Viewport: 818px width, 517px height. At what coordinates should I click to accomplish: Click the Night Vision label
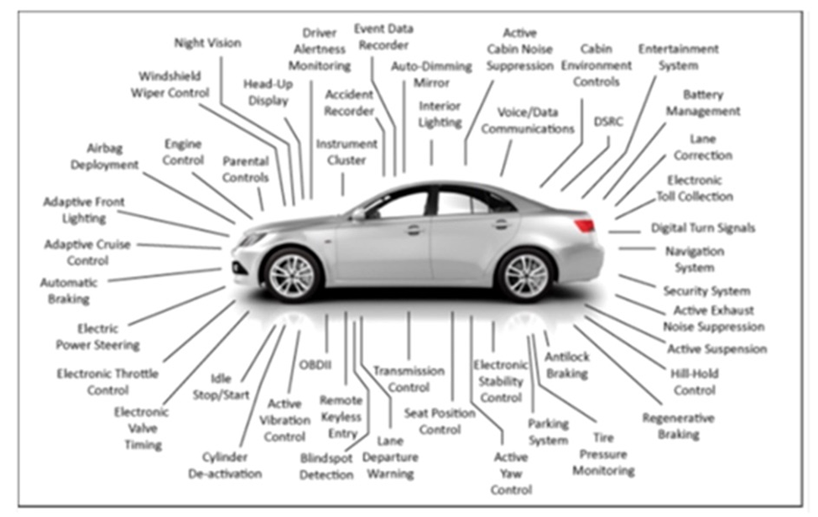pos(207,43)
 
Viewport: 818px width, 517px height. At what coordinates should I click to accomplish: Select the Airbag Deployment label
pos(104,157)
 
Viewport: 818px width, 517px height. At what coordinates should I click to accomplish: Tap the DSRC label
pos(607,122)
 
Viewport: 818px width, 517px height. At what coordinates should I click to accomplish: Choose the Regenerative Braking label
pos(678,426)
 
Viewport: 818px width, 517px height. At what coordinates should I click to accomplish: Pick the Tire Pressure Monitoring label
pos(602,454)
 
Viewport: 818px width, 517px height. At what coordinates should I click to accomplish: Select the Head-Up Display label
pos(266,92)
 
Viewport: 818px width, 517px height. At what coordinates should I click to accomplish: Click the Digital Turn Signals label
pos(703,228)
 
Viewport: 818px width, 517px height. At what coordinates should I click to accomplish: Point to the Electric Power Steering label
pos(97,337)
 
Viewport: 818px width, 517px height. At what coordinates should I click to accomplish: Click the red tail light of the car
pos(585,225)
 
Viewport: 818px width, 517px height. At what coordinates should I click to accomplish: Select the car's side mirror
pos(359,214)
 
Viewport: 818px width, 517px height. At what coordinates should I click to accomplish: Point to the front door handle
pos(414,229)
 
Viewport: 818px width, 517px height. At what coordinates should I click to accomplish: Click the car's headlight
pos(251,239)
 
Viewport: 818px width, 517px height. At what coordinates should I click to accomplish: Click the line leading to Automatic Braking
pos(164,274)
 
